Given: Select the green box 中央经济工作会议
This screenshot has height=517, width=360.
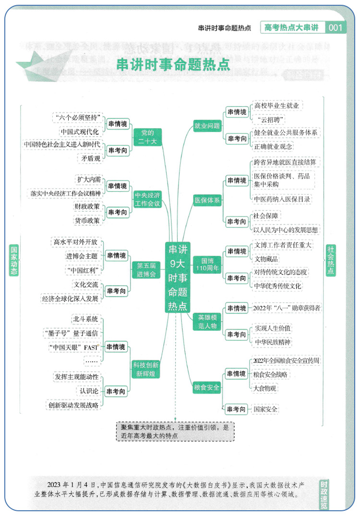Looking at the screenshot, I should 147,199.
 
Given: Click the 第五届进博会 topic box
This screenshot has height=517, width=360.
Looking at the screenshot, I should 146,270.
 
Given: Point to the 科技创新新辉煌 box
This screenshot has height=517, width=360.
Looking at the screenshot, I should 146,369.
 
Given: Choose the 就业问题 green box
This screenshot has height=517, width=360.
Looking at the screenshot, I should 207,126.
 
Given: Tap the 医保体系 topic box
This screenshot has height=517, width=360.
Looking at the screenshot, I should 207,200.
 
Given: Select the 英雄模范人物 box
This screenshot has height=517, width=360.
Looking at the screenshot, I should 207,321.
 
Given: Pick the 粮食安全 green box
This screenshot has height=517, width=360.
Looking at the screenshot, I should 207,387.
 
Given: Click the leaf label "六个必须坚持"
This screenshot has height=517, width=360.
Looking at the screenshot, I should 78,118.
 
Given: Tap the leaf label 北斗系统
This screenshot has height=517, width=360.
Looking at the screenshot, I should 85,319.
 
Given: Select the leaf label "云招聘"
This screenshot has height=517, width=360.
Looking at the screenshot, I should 271,119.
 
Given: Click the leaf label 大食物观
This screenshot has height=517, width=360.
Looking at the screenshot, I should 265,387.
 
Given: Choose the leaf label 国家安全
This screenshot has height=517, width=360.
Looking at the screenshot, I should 266,409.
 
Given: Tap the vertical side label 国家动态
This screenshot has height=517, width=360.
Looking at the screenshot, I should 14,261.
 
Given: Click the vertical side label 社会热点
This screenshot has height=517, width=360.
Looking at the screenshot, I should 331,260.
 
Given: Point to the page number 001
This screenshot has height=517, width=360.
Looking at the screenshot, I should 336,27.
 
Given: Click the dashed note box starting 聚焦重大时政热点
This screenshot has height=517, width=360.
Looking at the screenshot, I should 175,431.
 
